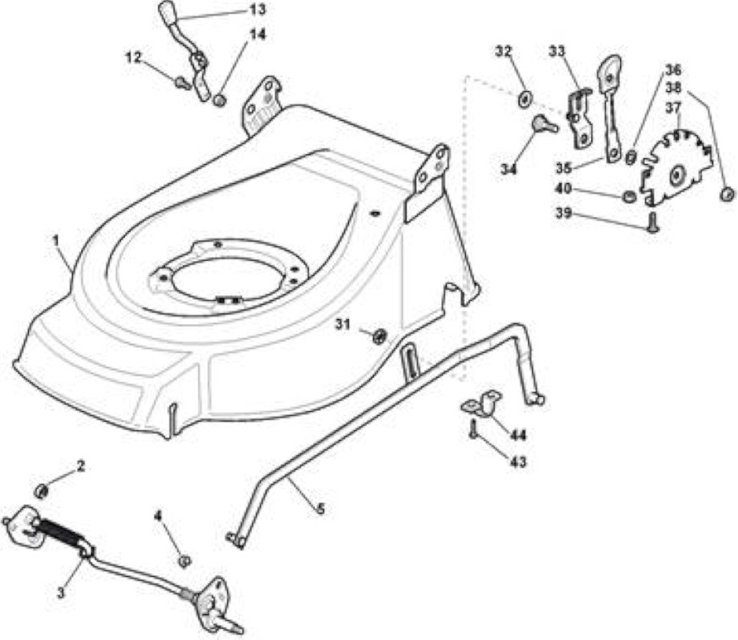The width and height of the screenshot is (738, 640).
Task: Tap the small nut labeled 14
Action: point(218,100)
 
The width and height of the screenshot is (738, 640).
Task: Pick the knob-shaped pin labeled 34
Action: point(544,124)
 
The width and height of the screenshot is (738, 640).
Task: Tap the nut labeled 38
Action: point(727,194)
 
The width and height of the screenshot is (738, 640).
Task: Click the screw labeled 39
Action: point(652,222)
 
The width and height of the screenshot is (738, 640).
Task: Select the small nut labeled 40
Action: point(628,197)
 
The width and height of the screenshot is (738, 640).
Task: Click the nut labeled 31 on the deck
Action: point(379,336)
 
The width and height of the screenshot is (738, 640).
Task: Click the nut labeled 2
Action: point(42,491)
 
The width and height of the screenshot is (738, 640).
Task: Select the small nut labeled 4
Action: point(184,560)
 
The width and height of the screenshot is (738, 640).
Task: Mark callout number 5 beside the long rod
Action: point(320,509)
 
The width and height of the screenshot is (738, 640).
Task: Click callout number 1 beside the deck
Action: point(56,241)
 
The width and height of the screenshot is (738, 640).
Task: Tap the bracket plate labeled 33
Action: point(580,118)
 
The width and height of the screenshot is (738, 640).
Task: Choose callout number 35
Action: point(564,167)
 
